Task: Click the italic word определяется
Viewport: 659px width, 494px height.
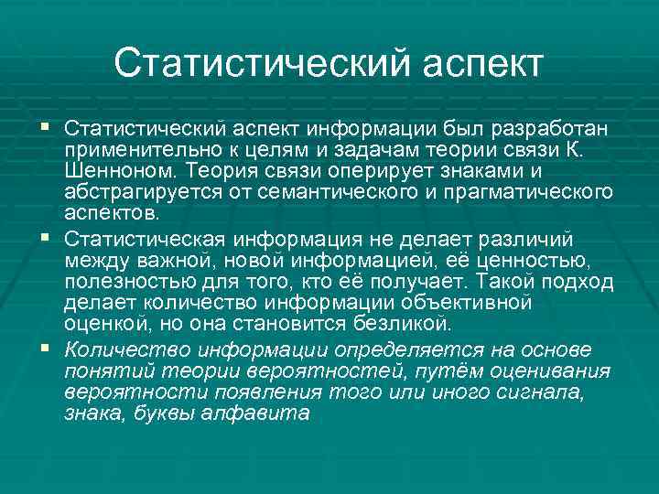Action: [x=400, y=349]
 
